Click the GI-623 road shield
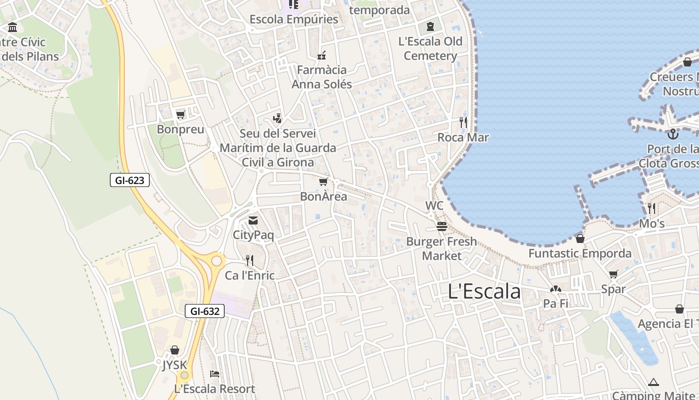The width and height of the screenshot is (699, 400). pos(130,180)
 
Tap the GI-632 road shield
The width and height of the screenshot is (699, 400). pos(205,311)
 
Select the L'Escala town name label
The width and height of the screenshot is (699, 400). pos(484,291)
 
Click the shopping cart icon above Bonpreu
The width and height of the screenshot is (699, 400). pos(180,115)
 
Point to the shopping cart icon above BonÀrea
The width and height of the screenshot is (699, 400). pos(323,182)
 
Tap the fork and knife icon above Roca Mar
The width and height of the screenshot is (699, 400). pos(463,122)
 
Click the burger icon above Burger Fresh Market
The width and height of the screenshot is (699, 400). pos(441,226)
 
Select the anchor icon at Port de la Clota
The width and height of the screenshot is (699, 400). pos(673,134)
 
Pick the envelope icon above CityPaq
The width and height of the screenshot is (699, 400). pos(253,220)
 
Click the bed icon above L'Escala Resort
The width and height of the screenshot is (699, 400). pos(214,374)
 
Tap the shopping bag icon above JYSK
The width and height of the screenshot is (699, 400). pos(175,350)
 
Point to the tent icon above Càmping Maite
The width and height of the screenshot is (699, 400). pos(654,382)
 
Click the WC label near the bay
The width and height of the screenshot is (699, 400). pos(434,205)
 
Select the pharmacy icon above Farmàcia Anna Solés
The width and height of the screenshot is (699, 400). pos(322,55)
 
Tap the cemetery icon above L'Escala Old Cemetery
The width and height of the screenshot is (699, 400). pos(430,26)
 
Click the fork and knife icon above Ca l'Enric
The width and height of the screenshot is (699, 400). pos(249,260)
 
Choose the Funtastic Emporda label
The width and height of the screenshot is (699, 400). pos(580,253)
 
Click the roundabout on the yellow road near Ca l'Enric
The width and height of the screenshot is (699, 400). pos(217,260)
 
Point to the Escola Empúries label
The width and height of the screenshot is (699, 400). pos(294,19)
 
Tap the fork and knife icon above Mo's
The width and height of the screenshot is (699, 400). pos(652,208)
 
